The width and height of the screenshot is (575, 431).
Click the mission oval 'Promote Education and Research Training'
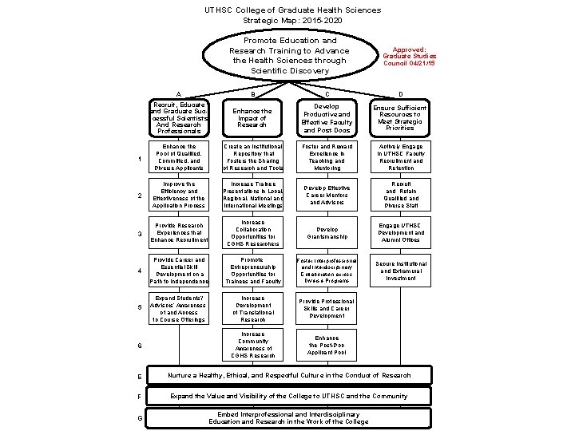[289, 56]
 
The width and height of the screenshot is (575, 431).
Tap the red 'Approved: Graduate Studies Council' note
[409, 56]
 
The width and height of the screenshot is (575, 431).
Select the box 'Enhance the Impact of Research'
[252, 117]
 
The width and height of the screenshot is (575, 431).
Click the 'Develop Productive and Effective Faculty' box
[327, 117]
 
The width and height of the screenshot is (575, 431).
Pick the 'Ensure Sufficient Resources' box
[399, 117]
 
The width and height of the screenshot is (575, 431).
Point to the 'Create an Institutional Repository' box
[252, 157]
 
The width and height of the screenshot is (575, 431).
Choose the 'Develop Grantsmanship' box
[327, 233]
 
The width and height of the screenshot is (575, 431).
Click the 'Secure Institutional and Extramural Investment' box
[399, 271]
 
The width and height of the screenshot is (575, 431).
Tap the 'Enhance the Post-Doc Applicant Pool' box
[327, 345]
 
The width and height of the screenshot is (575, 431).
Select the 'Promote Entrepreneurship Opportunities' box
[252, 271]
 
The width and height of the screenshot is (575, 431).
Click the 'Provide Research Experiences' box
[179, 233]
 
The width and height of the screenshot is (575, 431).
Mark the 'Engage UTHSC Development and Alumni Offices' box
[399, 233]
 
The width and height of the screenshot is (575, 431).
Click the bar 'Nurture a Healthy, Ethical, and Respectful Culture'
[289, 375]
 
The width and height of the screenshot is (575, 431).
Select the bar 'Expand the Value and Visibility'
[289, 396]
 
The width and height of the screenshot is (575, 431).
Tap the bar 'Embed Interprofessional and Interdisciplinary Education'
[289, 417]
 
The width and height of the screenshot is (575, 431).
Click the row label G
[140, 418]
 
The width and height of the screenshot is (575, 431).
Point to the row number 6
[140, 346]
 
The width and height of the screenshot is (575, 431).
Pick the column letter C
[327, 95]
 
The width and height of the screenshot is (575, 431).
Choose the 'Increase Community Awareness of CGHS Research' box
[252, 345]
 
